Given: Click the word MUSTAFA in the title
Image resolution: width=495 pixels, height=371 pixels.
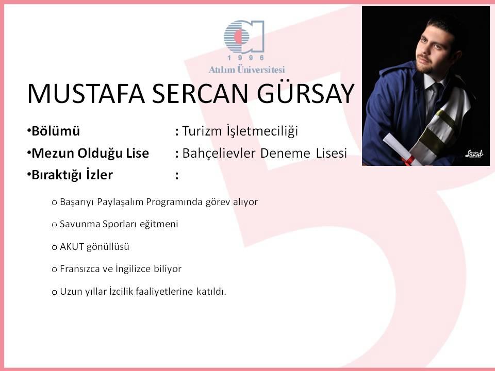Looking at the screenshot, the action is click(x=86, y=94).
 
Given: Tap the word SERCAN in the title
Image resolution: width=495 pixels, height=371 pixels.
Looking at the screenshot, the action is click(x=201, y=94).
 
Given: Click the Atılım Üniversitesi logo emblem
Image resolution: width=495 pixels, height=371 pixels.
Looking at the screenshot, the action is click(x=244, y=36).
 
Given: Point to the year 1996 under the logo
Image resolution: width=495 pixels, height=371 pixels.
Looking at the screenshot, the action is click(x=245, y=58).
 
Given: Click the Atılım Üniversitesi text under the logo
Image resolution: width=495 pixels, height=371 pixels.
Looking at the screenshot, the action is click(x=246, y=70).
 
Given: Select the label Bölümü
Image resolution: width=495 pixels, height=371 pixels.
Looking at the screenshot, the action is click(x=56, y=131).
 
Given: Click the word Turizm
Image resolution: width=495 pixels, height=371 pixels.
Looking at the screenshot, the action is click(x=202, y=131).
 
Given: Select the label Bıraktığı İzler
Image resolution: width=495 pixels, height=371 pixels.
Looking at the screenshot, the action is click(x=72, y=175).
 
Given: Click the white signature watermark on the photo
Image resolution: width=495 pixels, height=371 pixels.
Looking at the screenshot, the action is click(x=474, y=154).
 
